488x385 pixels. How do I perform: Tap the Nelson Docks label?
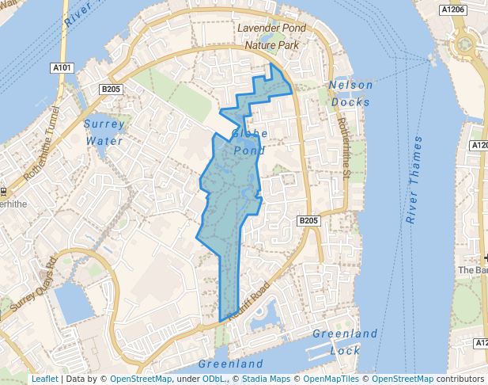350,93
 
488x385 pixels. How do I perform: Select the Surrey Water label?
104,132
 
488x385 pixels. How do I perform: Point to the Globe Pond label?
251,141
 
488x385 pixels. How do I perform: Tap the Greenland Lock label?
345,341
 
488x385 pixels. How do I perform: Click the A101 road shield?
62,68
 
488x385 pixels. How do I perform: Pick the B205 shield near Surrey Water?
110,90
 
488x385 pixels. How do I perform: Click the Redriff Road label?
248,302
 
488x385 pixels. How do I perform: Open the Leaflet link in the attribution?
44,379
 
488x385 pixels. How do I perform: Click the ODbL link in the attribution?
214,379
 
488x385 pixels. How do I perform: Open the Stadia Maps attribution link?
267,379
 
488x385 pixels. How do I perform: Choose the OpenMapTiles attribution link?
331,379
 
